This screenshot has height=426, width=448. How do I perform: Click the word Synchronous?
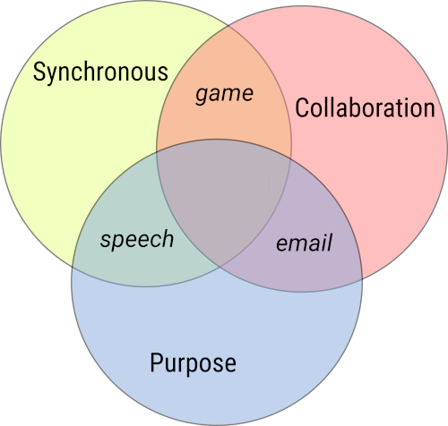pyautogui.click(x=100, y=72)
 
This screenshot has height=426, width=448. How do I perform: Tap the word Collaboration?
pyautogui.click(x=365, y=108)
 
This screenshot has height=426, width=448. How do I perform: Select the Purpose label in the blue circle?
pyautogui.click(x=193, y=363)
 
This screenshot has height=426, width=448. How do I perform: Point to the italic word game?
pyautogui.click(x=224, y=93)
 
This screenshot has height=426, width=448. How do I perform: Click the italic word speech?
pyautogui.click(x=136, y=240)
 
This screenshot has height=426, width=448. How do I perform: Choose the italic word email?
pyautogui.click(x=304, y=243)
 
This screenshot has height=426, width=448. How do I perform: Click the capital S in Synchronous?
pyautogui.click(x=39, y=72)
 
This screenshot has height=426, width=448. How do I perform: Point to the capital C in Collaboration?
pyautogui.click(x=301, y=108)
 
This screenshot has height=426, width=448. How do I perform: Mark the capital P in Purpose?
pyautogui.click(x=155, y=363)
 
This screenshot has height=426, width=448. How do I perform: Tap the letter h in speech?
pyautogui.click(x=168, y=239)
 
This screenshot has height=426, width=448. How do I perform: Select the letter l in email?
pyautogui.click(x=329, y=242)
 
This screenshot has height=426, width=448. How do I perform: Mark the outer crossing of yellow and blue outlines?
pyautogui.click(x=73, y=268)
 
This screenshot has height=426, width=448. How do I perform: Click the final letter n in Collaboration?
pyautogui.click(x=429, y=108)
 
